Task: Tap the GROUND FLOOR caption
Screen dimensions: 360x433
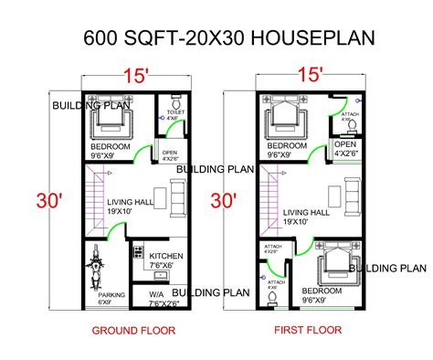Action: click(129, 331)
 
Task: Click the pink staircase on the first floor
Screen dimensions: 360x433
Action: click(270, 198)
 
